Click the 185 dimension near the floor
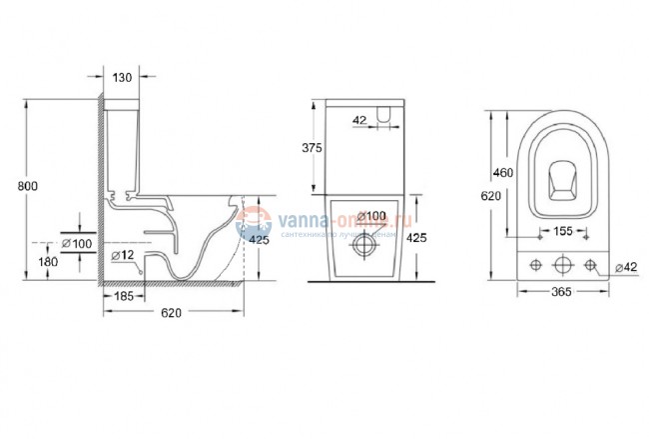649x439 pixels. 125,297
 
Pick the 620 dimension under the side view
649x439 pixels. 171,315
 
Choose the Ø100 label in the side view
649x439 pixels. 77,243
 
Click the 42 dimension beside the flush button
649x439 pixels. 359,121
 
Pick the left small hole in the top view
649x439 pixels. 536,265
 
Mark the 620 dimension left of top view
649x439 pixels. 490,197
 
